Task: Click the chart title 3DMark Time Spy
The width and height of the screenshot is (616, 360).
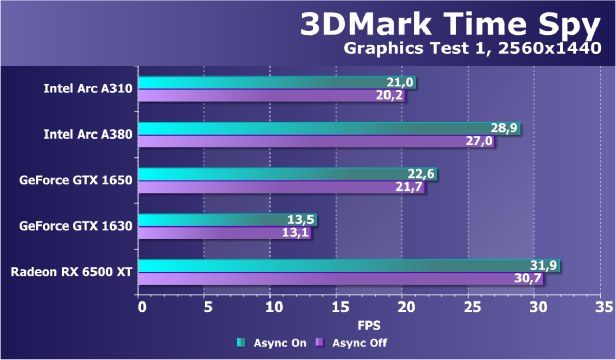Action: point(450,24)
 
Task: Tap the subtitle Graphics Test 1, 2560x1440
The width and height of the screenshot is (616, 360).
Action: point(472,48)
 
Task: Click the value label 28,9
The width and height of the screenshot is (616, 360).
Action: point(505,128)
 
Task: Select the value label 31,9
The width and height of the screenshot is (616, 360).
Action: point(545,266)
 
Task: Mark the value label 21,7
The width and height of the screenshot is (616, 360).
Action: point(409,187)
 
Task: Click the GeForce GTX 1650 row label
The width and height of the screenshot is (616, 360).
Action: point(76,180)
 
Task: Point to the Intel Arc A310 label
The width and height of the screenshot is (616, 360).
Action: point(88,89)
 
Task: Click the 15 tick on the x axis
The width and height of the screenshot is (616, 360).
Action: point(336,307)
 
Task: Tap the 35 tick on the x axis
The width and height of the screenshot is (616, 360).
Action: point(600,307)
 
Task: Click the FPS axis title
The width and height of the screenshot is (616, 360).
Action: point(369,325)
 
